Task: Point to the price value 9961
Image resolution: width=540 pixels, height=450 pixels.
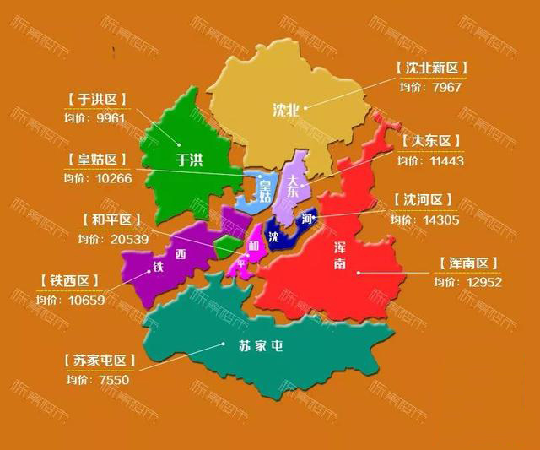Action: point(111,118)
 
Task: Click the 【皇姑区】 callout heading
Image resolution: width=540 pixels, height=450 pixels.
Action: point(96,160)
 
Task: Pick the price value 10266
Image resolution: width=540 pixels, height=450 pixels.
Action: point(110,177)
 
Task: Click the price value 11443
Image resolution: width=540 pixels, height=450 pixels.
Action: point(445,160)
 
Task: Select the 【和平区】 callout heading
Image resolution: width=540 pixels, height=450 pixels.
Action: point(111,220)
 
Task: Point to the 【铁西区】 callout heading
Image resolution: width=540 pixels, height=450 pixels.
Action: point(69,280)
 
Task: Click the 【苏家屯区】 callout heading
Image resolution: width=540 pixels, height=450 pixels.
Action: point(100,361)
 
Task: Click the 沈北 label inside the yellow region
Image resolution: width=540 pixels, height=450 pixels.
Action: point(285,109)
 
